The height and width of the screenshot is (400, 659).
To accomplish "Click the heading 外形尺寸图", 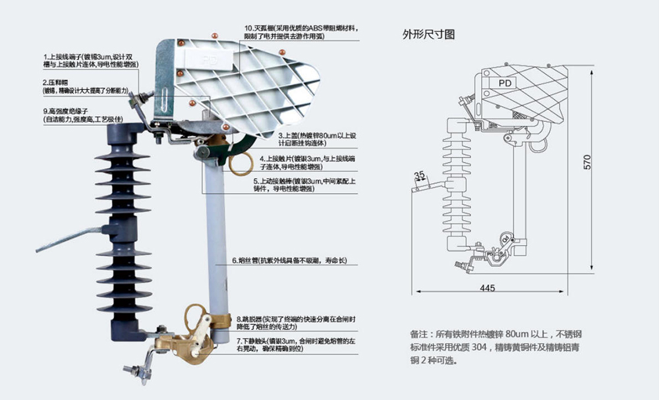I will coord(428,34).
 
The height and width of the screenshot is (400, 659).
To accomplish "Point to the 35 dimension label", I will coord(419,175).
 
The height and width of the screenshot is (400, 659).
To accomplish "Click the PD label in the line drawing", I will coord(505,83).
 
